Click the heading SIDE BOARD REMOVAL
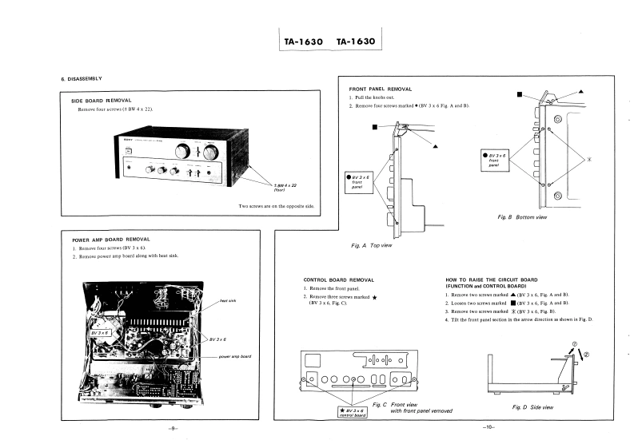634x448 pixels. (101, 101)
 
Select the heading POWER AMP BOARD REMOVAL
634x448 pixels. (110, 239)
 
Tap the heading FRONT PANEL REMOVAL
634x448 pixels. (381, 89)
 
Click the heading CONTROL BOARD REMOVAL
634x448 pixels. (338, 280)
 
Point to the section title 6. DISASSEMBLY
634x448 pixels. (82, 78)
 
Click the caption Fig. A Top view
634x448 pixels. (372, 245)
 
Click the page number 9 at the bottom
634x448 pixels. (173, 429)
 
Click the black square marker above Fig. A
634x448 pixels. (373, 125)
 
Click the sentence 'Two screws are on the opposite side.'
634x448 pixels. (277, 207)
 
